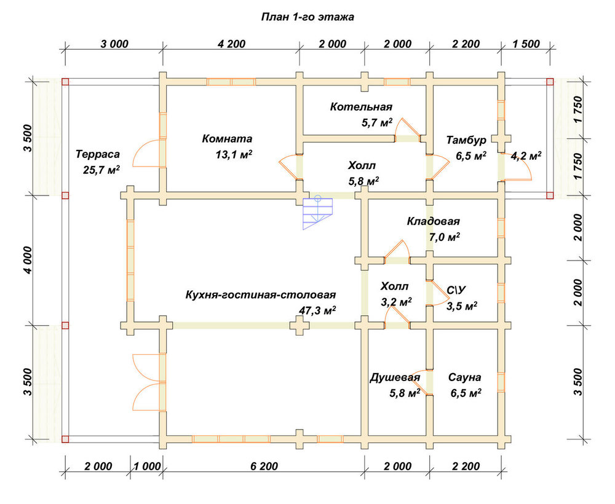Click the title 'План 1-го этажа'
[307, 17]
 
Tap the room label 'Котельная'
[361, 106]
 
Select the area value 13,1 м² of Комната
[233, 154]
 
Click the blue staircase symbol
[317, 212]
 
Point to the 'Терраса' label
[98, 154]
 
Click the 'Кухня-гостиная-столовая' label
[260, 295]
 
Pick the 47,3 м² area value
[317, 311]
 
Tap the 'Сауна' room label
[464, 377]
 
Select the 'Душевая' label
[395, 378]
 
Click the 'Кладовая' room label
[433, 221]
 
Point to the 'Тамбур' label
[466, 140]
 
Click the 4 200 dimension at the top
[231, 44]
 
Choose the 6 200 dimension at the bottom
[264, 467]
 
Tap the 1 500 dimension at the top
[526, 44]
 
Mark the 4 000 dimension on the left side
[28, 260]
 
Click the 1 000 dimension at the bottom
[147, 467]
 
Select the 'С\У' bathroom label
[456, 290]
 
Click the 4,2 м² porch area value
[526, 156]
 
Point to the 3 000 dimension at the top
[114, 44]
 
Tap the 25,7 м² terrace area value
[101, 170]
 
